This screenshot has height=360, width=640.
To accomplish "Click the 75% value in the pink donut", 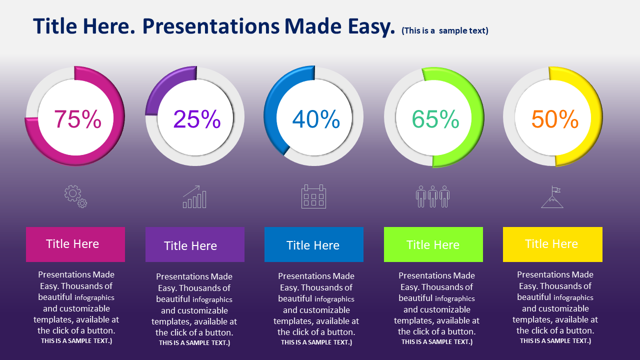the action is pos(77,119).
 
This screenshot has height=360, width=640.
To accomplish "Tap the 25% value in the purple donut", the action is pos(197,119).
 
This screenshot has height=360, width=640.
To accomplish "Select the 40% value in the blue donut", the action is pos(316,119).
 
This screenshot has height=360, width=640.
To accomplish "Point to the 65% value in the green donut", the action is pos(435,119).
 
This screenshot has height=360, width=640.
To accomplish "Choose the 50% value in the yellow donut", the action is pos(555,119).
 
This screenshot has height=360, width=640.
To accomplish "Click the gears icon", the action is pos(75,196).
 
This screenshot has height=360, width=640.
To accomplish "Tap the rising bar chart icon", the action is pos(194,196).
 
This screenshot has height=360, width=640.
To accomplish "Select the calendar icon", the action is pos(313,196).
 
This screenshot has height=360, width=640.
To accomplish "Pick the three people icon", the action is pos(432,196).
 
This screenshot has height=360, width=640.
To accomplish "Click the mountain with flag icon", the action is pos(552,197).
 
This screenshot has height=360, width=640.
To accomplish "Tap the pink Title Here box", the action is pos(75,244).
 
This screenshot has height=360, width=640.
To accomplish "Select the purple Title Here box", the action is pos(195,244).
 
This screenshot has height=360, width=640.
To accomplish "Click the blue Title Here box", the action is pos(314,244).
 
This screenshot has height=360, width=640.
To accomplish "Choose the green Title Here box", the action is pos(433,244).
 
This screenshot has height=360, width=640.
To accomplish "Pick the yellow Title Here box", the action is pos(552,244).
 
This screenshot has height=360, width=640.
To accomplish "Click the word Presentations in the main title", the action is pos(211,26).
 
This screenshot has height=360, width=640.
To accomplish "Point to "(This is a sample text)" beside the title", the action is pos(445,30).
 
